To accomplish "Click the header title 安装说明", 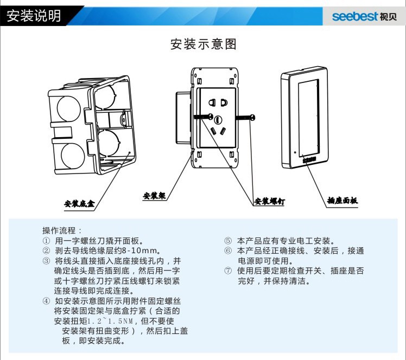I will pos(34,16).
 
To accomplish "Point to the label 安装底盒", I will pos(79,204).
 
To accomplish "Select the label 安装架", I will pos(154,195).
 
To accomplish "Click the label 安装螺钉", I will pos(270,202).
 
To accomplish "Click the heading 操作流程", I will pos(62,230).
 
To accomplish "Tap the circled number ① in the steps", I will pos(46,240).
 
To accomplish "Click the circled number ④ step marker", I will pos(46,301).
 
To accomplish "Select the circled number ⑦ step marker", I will pos(228,271).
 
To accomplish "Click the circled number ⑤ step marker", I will pos(228,240).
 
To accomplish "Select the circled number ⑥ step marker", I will pos(228,250).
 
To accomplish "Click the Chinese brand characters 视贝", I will pos(388,16).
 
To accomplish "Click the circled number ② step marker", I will pos(46,250).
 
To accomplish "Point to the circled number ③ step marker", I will pos(46,261).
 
